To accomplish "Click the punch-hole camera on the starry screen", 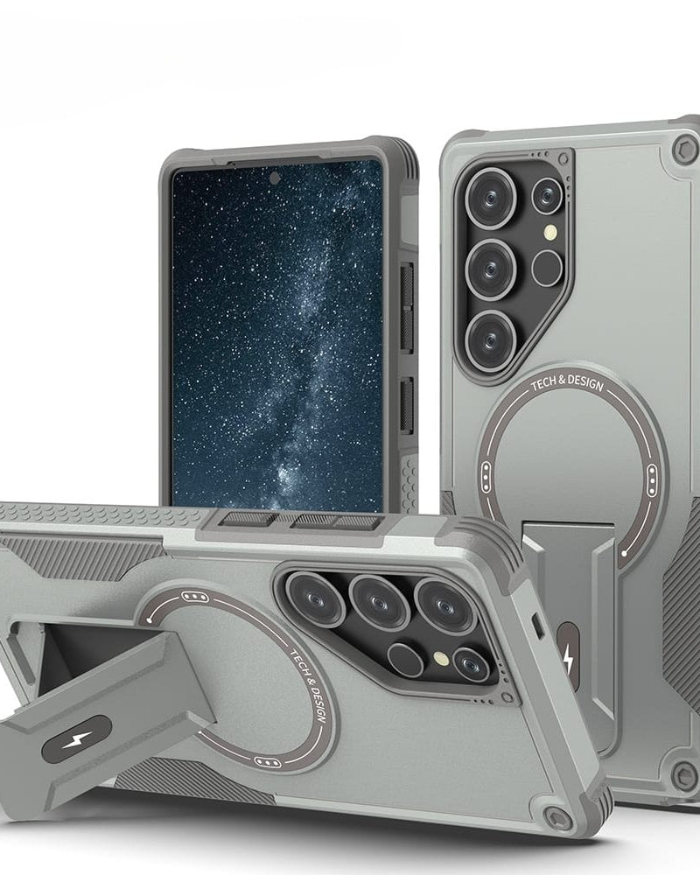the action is [x=275, y=178].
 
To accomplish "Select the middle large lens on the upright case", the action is [x=491, y=269].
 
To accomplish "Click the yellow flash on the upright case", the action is [x=551, y=232].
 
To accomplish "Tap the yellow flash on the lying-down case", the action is [x=442, y=659].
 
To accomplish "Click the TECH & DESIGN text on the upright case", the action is [x=567, y=383].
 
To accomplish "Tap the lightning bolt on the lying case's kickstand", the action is [x=76, y=740].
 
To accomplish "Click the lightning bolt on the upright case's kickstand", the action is [x=568, y=658].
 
